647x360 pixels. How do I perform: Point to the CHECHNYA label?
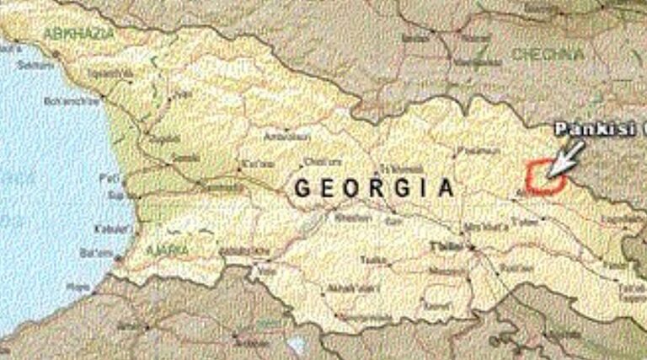pyautogui.click(x=547, y=55)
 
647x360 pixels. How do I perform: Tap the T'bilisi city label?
pyautogui.click(x=444, y=246)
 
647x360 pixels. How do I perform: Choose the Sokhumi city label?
pyautogui.click(x=35, y=65)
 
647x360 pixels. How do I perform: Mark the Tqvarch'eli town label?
pyautogui.click(x=110, y=74)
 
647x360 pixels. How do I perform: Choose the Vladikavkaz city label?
pyautogui.click(x=415, y=38)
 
